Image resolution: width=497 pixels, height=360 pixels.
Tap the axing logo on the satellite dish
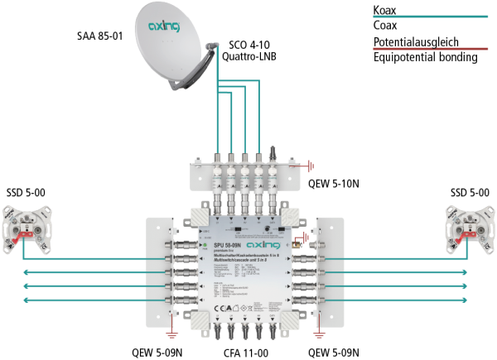click(163, 27)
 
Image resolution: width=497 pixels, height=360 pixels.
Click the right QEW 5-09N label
click(335, 352)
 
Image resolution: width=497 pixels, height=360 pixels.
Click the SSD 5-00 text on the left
click(27, 193)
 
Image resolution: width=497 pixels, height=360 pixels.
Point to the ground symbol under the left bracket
click(171, 334)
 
